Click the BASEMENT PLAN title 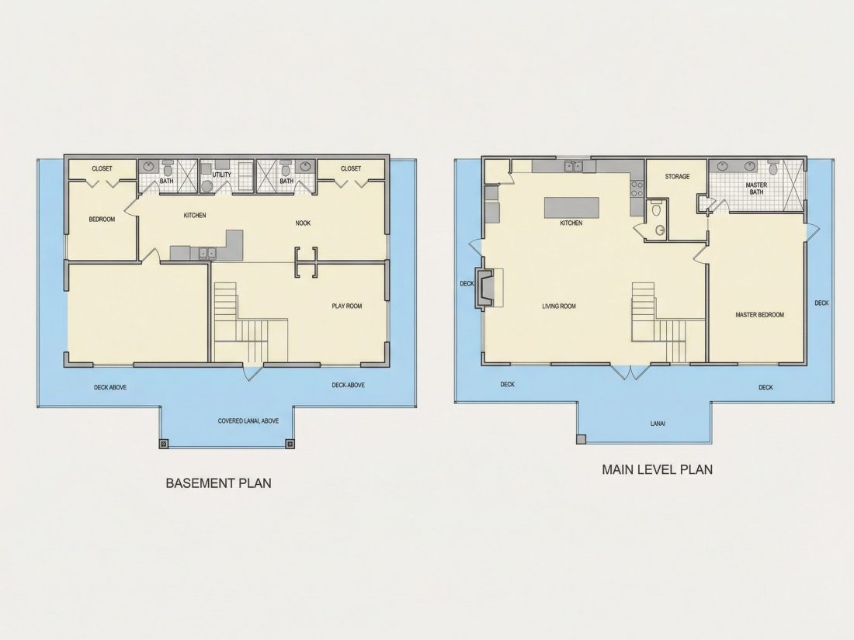218,483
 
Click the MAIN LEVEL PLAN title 658,469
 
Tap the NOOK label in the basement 303,223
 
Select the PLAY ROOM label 347,306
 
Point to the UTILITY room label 222,175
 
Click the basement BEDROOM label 102,220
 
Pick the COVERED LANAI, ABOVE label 248,420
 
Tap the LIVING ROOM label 559,306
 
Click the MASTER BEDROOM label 760,314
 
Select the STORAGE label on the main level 677,176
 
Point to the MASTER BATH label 756,189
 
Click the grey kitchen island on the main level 571,207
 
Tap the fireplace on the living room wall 483,289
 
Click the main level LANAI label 658,424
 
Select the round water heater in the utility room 207,187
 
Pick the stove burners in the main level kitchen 637,189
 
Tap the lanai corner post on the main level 581,439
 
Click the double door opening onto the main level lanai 630,372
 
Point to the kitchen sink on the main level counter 573,166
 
